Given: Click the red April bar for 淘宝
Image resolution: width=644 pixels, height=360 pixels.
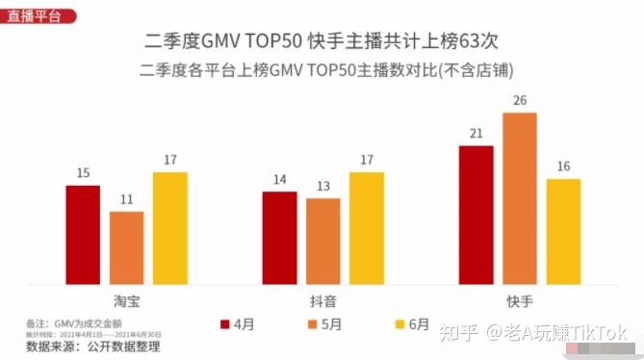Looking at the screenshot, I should (x=83, y=235).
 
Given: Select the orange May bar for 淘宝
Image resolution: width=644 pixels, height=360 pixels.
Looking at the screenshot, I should (x=126, y=247).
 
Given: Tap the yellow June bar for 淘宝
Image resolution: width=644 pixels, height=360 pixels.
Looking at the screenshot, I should (x=169, y=228).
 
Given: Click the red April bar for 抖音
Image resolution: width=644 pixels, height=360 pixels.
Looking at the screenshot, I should (x=279, y=238).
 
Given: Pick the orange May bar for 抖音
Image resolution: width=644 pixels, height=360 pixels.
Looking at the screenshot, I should (x=322, y=242).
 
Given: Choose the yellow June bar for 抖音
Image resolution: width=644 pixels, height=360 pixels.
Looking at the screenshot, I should (x=366, y=228).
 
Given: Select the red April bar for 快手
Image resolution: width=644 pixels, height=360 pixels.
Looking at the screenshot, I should (x=476, y=216).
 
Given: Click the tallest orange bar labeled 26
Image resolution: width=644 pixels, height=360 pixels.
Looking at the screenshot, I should (x=519, y=198).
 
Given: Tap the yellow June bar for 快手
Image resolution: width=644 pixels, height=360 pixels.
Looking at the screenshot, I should (x=563, y=231).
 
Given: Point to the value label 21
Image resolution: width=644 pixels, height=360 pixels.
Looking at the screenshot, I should (x=476, y=134).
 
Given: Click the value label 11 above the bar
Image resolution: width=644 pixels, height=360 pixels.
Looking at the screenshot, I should (x=126, y=199).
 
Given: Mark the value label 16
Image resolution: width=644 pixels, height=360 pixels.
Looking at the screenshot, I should (x=563, y=167).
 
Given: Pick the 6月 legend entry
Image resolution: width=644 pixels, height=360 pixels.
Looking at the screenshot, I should (x=411, y=323).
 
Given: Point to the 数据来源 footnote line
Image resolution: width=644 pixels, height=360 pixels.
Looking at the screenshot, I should (x=91, y=346).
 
